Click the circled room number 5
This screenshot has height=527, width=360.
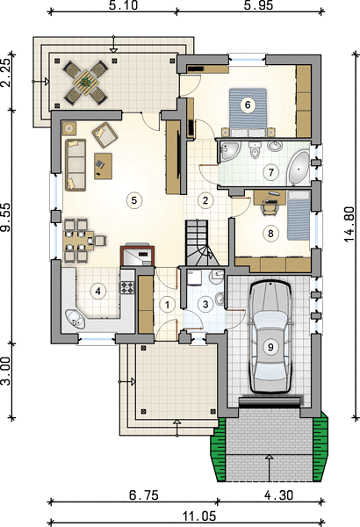134,200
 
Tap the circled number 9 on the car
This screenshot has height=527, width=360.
270,347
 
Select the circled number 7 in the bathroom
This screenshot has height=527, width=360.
271,172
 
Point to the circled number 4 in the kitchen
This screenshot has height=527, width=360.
97,291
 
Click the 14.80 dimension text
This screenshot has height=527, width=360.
349,224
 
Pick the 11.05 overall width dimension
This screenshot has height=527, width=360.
199,516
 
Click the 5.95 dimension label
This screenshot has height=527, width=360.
258,5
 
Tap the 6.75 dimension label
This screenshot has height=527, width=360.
144,495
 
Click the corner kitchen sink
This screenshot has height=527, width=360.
76,319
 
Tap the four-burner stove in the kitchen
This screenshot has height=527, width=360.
127,287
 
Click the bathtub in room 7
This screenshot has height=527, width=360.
299,168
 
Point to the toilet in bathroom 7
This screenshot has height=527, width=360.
256,150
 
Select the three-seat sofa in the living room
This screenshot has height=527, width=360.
75,165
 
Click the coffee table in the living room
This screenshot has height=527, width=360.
103,166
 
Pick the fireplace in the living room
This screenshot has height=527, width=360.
138,256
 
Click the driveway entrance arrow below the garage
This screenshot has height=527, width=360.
270,468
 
